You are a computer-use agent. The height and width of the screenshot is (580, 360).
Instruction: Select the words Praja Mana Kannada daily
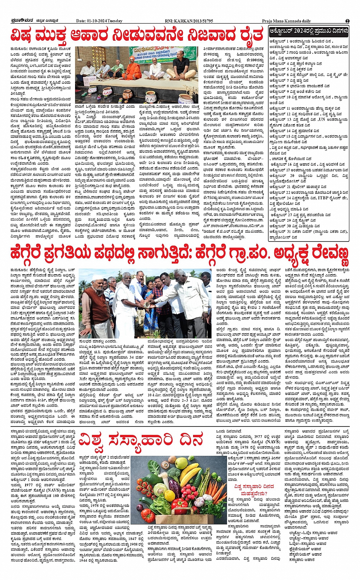coord(286,21)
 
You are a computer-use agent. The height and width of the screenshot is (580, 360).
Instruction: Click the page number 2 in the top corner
coord(347,21)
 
